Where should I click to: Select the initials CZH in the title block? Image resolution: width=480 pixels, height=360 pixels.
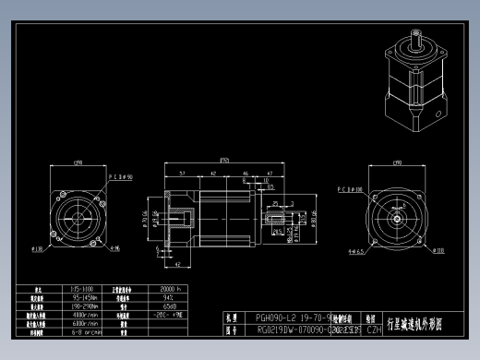(x=374, y=328)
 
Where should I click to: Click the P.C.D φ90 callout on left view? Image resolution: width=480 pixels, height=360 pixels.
(x=120, y=175)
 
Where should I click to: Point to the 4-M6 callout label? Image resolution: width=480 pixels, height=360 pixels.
(x=114, y=248)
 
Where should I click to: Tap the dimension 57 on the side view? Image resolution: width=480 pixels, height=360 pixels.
(x=183, y=173)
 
